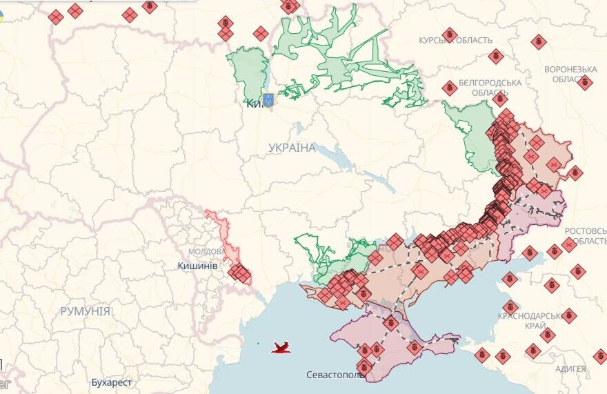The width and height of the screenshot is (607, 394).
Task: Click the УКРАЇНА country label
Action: pyautogui.click(x=292, y=148)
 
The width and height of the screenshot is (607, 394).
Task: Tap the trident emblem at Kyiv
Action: pyautogui.click(x=269, y=100)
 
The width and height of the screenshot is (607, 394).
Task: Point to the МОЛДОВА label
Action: pyautogui.click(x=206, y=251)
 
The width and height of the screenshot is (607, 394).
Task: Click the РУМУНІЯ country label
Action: pyautogui.click(x=85, y=311)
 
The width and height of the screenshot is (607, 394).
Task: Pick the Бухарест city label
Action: pyautogui.click(x=111, y=382)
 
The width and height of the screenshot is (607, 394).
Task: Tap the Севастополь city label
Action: pyautogui.click(x=336, y=375)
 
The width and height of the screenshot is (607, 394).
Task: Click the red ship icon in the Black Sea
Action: pyautogui.click(x=281, y=348)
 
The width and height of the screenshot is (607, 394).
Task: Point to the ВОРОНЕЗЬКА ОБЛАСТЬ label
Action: pyautogui.click(x=570, y=74)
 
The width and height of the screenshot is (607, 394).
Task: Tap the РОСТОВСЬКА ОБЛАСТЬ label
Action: pyautogui.click(x=585, y=235)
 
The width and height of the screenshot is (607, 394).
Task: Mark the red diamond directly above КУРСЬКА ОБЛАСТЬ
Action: pyautogui.click(x=450, y=33)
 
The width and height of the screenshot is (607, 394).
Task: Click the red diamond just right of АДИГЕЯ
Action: pyautogui.click(x=599, y=357)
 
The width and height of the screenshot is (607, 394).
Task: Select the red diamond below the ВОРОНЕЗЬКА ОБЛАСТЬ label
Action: pyautogui.click(x=584, y=83)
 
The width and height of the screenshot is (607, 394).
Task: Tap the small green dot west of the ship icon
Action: pyautogui.click(x=257, y=344)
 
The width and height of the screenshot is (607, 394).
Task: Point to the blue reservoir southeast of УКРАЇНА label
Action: pyautogui.click(x=336, y=160)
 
